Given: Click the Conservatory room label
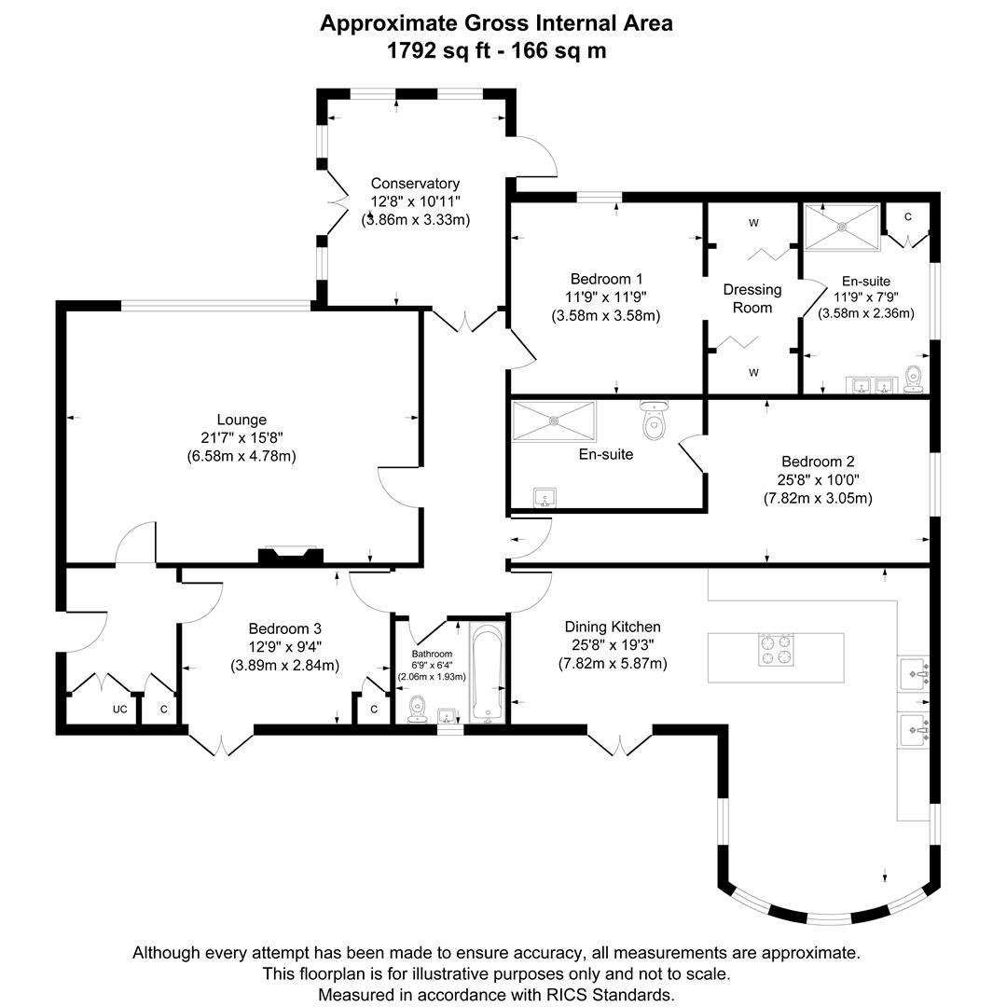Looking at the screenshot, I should coord(415,184).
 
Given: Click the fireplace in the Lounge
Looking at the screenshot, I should coord(290,556).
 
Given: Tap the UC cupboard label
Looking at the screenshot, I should coord(119,710).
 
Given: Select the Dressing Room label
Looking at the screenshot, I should coord(752,298).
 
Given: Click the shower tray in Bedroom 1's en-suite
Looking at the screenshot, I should coord(842,227).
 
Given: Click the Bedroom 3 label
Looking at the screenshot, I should coord(284,628).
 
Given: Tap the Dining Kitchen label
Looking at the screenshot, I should coord(613,628).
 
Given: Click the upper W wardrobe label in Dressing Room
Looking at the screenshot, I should coord(753,223).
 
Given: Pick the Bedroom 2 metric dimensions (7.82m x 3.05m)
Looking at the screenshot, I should coord(818,498).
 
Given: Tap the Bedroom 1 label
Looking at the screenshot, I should coord(606,279).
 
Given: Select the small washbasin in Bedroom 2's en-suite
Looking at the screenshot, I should coord(545,497).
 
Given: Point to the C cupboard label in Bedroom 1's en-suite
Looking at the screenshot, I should coord(907,216).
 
